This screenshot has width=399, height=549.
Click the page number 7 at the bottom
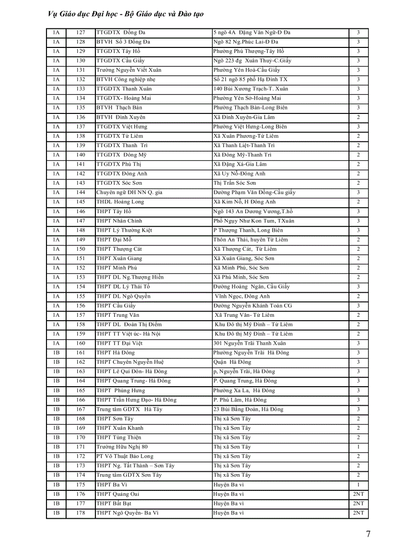368,534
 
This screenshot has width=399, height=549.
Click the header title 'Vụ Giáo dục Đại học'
88,14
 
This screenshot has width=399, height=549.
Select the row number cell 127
81,33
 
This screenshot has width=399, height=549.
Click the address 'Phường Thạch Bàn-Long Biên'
250,108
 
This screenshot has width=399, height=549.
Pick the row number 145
81,202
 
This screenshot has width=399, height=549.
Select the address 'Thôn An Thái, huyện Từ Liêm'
250,240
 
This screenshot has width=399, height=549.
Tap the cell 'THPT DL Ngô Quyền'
123,296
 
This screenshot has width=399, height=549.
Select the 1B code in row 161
56,352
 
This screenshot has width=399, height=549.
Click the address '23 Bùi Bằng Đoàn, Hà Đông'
248,409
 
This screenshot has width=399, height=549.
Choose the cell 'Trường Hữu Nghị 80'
122,447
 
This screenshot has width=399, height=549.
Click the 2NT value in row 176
358,494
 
